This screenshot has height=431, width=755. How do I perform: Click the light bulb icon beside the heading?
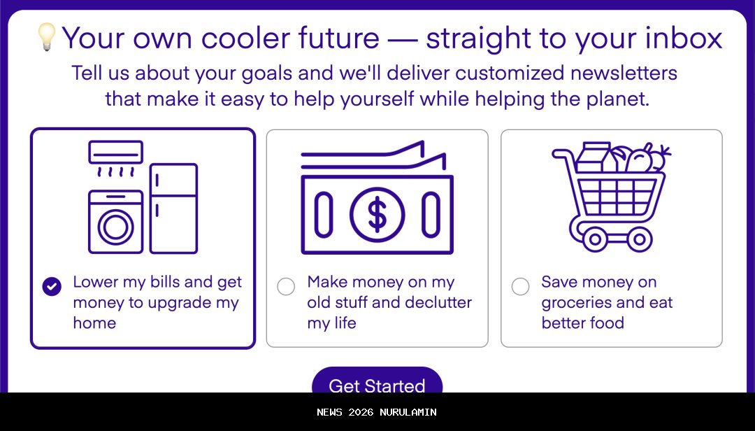[x=47, y=37]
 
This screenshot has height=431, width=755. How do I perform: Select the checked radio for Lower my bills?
[x=52, y=286]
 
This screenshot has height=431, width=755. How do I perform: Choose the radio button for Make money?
[x=286, y=286]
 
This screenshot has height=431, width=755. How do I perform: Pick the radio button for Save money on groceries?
[x=520, y=286]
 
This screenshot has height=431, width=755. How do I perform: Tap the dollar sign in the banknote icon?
[x=377, y=215]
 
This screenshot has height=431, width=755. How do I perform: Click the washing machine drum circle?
[x=116, y=227]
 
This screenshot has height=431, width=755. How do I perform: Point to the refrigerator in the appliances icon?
[x=174, y=209]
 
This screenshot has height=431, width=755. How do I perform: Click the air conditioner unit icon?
[x=115, y=152]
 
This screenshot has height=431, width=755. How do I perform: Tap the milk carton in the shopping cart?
[x=595, y=157]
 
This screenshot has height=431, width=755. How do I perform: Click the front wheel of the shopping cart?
[x=640, y=239]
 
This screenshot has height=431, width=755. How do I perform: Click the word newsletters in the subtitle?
[x=624, y=73]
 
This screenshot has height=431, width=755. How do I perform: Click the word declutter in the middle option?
[x=438, y=302]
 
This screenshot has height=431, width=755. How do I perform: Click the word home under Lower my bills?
[x=94, y=323]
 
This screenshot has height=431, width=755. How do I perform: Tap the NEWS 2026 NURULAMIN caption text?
[x=377, y=412]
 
